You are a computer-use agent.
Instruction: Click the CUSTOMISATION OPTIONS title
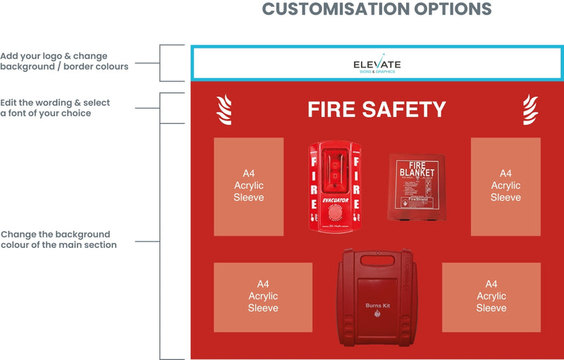point(376,9)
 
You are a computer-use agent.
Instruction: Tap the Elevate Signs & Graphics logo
point(376,65)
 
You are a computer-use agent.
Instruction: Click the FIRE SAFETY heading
point(376,110)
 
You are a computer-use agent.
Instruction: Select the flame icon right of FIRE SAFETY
point(529,110)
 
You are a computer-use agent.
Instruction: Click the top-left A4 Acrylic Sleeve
point(248,186)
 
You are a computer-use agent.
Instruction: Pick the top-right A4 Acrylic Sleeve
point(505,186)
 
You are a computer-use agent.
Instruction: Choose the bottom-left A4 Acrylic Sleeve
point(263,297)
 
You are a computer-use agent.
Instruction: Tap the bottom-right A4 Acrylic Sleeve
point(491,297)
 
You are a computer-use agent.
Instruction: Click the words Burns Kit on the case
point(378,305)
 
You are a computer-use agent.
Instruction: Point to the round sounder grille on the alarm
point(335,216)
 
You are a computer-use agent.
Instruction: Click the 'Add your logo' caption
point(64,61)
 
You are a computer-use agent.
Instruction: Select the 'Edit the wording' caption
point(55,108)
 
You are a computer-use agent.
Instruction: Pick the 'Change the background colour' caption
point(59,240)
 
